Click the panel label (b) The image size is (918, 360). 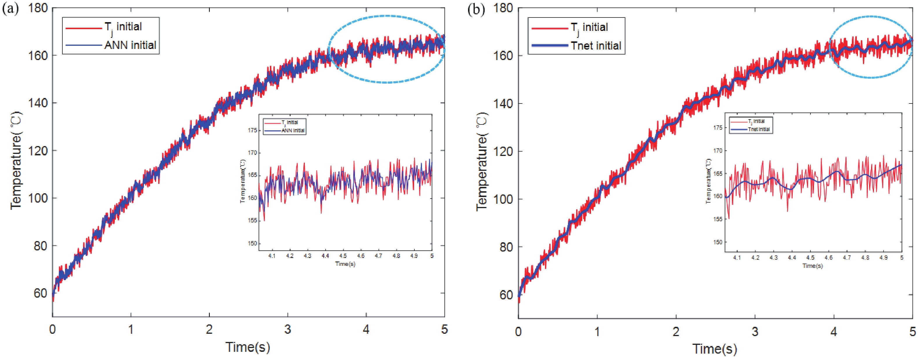click(476, 10)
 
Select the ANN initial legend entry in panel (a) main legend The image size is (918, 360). click(130, 45)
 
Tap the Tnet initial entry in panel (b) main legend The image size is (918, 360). click(595, 46)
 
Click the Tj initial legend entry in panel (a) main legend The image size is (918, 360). click(123, 27)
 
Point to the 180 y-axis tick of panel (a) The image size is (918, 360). click(38, 8)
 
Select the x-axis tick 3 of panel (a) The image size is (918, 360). click(288, 329)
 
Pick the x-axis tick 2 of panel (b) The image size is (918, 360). click(676, 331)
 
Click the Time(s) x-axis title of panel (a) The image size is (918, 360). click(248, 347)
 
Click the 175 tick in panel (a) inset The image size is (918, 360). click(252, 131)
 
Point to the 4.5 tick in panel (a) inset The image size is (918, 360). click(343, 256)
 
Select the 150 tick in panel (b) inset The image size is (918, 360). click(718, 242)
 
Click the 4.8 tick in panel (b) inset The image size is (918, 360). click(865, 258)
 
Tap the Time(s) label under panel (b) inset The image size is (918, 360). click(813, 266)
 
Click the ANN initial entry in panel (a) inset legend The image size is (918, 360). click(293, 131)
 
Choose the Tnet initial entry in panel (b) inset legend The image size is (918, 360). click(759, 129)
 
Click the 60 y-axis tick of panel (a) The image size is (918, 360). click(40, 293)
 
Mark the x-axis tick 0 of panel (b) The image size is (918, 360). click(518, 331)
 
